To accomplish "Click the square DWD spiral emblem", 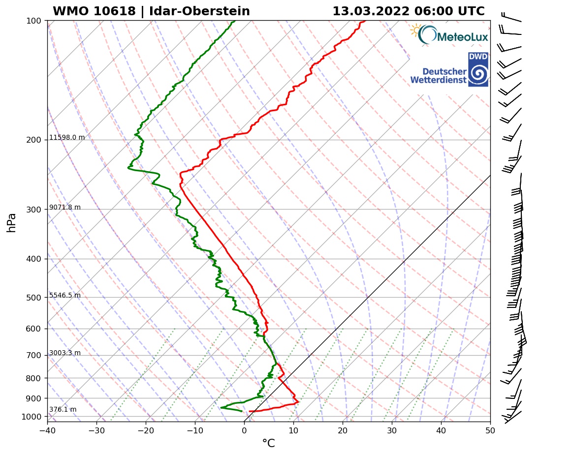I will (478, 69).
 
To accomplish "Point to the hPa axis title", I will (12, 222).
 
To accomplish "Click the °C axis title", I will (268, 444).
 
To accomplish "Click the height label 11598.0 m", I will (67, 138).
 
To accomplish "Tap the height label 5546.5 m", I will (65, 296).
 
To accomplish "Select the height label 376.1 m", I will (63, 410).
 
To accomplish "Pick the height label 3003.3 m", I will (65, 353).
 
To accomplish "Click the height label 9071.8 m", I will (65, 208).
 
